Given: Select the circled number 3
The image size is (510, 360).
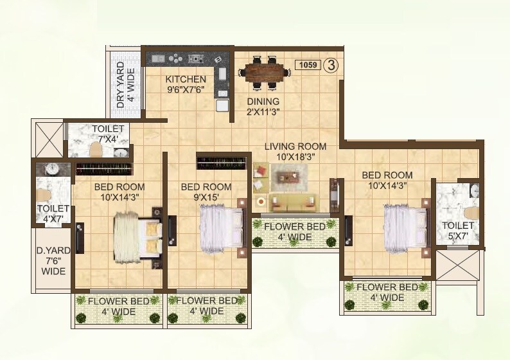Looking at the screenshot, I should pos(331,65).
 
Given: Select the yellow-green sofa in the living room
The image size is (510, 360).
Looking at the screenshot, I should pos(292,203).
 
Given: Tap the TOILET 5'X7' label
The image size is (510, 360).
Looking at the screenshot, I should pos(457,231).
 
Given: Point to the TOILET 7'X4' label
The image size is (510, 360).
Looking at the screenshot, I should pos(107,134).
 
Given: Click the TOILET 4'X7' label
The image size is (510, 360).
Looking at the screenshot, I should pos(49,213).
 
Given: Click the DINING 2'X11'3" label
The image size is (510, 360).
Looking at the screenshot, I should pos(263,107).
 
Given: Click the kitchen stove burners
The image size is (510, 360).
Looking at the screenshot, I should pos(175,59).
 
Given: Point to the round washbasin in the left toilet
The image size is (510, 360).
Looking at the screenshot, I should pos(51,169).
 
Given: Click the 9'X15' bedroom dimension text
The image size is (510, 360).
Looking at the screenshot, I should pos(206,198).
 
